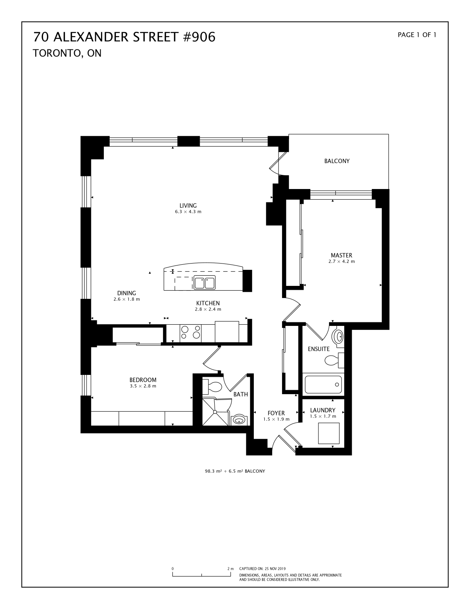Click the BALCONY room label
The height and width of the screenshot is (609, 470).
[337, 161]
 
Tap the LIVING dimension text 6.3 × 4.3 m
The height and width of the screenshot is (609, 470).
[188, 212]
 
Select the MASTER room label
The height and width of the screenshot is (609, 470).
[341, 255]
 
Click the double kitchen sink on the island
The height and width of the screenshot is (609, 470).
[204, 282]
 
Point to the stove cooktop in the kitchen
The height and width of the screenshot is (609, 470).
[191, 332]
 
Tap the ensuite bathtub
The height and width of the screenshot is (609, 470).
[323, 385]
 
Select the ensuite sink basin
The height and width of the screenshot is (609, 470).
[338, 336]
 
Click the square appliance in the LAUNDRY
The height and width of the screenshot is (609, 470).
[329, 433]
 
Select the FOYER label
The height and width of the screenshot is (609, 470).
[276, 413]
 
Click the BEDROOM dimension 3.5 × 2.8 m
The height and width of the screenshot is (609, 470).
[143, 386]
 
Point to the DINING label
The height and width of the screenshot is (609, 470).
[127, 293]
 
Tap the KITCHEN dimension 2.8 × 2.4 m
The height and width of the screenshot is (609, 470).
[208, 309]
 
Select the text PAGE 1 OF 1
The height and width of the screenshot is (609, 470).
[417, 35]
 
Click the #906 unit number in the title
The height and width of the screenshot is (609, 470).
[199, 37]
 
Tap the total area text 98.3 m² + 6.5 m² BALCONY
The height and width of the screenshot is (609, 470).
[235, 471]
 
